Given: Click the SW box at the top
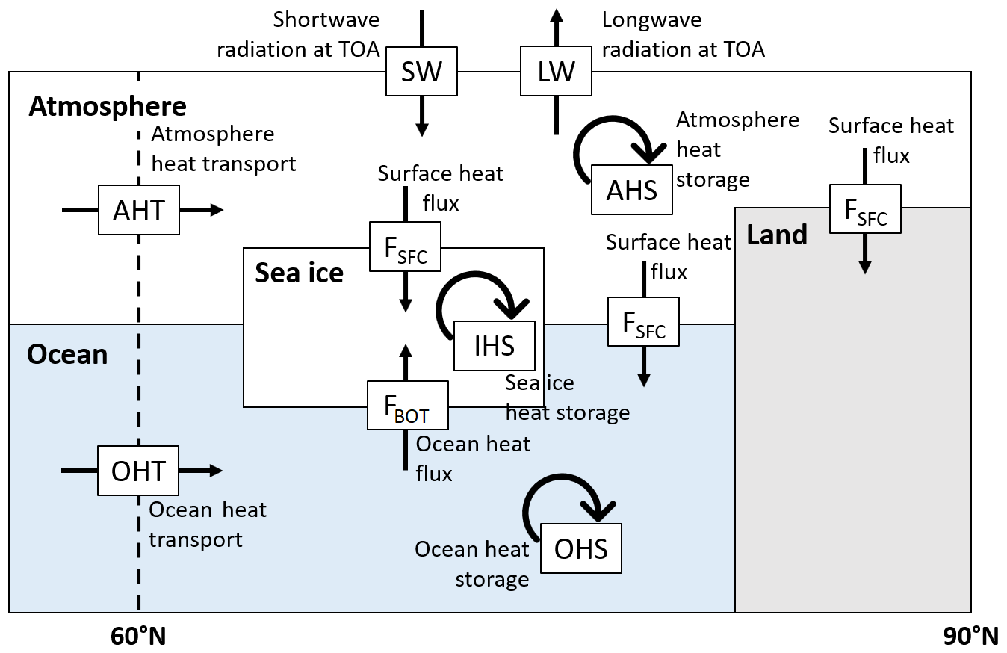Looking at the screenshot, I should point(421,72).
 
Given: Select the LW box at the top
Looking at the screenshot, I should point(556,72).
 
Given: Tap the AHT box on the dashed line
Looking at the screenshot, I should point(139,210).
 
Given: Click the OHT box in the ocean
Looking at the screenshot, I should point(138,471).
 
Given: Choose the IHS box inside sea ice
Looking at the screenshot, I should point(495,346).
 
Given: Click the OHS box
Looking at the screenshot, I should point(580,548).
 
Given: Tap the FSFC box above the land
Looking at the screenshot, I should point(865,208).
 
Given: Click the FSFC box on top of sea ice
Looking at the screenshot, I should point(406,247).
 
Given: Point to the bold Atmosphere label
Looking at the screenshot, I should point(108,107).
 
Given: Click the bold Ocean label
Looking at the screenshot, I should point(67,354).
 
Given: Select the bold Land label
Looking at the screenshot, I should point(777,235).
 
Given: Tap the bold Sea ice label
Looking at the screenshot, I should point(299,273).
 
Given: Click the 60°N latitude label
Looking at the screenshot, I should point(138,637).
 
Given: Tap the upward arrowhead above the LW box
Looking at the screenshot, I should point(556,15).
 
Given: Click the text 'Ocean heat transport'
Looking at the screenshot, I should point(207,524).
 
